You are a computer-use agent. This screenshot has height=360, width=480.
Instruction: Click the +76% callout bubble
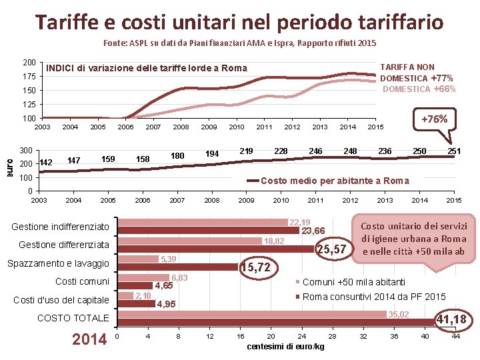click(x=435, y=119)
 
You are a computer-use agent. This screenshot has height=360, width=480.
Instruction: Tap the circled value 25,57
click(x=334, y=249)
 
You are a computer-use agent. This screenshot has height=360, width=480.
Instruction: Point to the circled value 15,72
click(x=258, y=267)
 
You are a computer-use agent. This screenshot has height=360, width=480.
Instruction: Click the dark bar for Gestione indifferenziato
click(x=209, y=231)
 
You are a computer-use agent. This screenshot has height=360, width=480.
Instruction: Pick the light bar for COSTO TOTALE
click(x=252, y=315)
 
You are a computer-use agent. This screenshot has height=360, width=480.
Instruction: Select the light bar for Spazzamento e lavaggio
click(x=138, y=259)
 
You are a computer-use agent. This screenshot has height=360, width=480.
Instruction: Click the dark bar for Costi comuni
click(x=135, y=285)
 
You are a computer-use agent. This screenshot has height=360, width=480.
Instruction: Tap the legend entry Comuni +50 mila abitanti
click(x=350, y=282)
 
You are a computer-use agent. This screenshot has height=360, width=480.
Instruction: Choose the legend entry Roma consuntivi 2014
click(x=371, y=297)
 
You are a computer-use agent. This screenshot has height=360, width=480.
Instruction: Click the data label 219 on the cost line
click(x=246, y=151)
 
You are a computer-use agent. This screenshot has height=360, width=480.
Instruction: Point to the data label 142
click(x=46, y=163)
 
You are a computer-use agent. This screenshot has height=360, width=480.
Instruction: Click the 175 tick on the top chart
click(x=29, y=76)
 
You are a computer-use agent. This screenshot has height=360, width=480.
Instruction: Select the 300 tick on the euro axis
click(x=26, y=150)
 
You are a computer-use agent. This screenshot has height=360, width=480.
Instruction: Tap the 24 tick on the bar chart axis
click(x=302, y=337)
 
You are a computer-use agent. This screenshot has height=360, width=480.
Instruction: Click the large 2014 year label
click(x=89, y=339)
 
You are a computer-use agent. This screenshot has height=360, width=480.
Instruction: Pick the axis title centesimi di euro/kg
click(x=285, y=347)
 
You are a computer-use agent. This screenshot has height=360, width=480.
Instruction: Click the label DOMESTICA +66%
click(x=419, y=89)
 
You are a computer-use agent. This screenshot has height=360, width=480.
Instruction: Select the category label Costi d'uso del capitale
click(x=61, y=300)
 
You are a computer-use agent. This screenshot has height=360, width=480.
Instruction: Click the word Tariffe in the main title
click(x=67, y=23)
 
